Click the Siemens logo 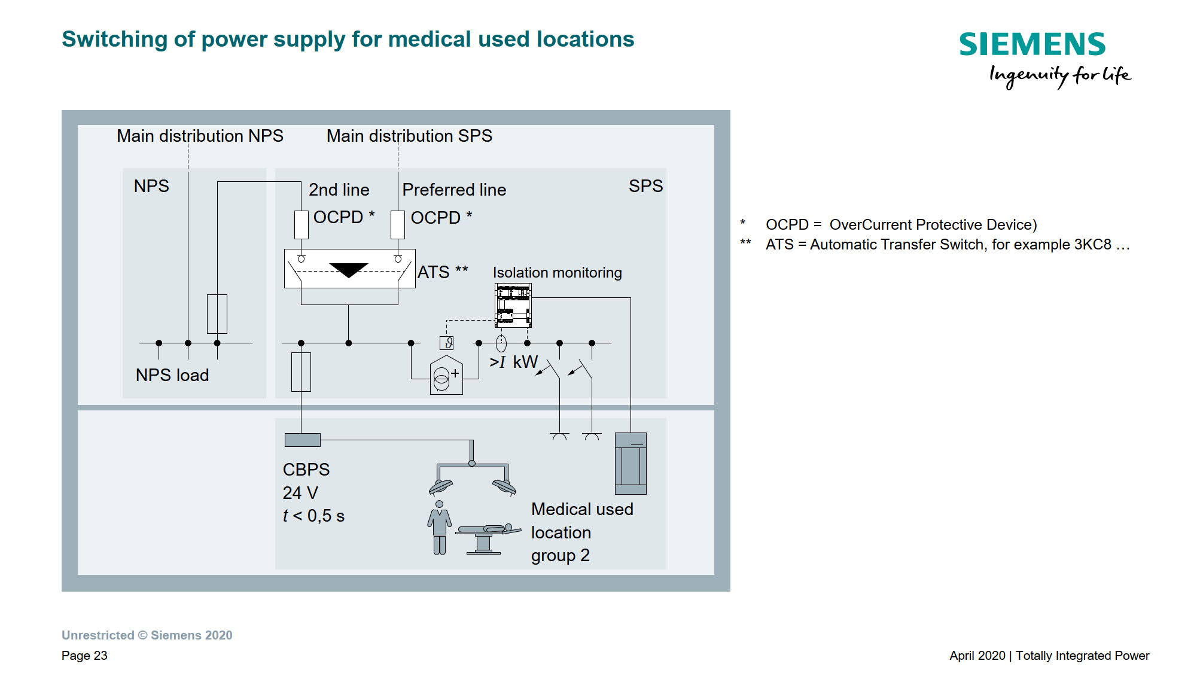[x=1032, y=44]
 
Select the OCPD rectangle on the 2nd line [x=301, y=225]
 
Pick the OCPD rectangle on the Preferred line [x=398, y=225]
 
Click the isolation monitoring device [x=513, y=305]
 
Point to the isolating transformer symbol [x=446, y=376]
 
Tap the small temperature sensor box [x=447, y=343]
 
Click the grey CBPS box [x=303, y=440]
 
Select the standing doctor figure [x=440, y=527]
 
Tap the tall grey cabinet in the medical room [x=631, y=463]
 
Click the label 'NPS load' [x=172, y=375]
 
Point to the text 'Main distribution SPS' [x=409, y=136]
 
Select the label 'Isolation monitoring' [x=557, y=272]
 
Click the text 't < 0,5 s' [x=313, y=516]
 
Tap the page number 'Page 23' [x=84, y=656]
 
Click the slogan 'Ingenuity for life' [x=1059, y=76]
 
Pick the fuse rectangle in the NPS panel [x=217, y=314]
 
